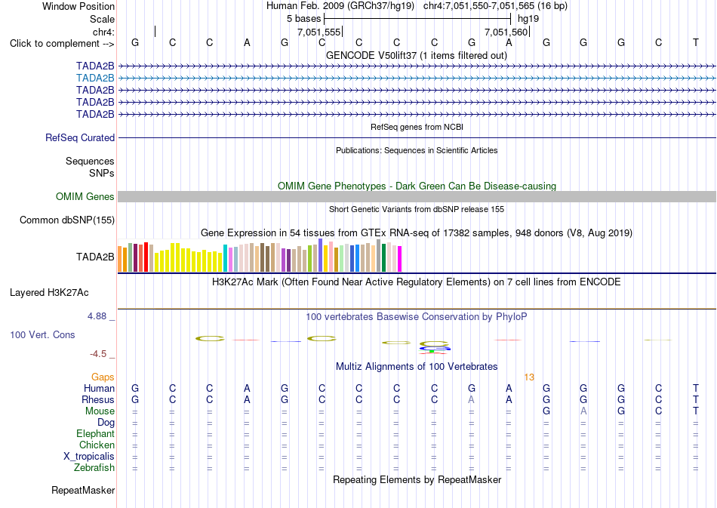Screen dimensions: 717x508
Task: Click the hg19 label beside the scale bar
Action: click(x=528, y=19)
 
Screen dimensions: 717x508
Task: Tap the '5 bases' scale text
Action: click(x=303, y=19)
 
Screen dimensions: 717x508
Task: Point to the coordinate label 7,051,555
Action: click(x=318, y=32)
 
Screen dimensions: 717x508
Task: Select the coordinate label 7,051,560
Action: click(x=506, y=32)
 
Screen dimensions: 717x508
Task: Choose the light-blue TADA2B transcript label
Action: click(x=95, y=79)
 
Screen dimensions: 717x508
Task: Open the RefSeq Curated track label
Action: click(x=80, y=137)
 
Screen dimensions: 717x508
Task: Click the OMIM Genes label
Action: click(x=85, y=196)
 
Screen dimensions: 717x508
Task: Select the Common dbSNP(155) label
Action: click(x=67, y=220)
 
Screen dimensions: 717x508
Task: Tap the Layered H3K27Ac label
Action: click(x=49, y=293)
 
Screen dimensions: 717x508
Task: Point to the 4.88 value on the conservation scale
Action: click(x=97, y=316)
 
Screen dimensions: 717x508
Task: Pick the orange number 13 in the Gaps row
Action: click(x=529, y=377)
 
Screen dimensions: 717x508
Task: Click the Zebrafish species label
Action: click(x=94, y=468)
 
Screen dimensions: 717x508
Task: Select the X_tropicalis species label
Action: click(x=89, y=457)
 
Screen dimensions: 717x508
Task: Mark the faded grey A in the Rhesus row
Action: click(x=472, y=399)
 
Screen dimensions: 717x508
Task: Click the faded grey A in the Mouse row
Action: click(x=583, y=411)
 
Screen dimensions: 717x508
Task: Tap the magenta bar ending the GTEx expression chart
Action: click(x=400, y=259)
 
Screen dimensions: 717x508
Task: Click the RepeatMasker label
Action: click(x=83, y=490)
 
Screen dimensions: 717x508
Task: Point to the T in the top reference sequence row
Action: click(x=696, y=42)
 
